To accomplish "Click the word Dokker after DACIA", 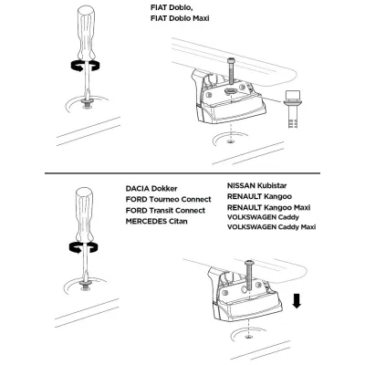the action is (164, 189).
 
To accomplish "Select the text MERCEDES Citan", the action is (156, 221).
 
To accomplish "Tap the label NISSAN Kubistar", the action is (256, 185).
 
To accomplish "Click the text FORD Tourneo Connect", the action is (168, 200).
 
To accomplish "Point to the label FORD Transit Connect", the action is (165, 211).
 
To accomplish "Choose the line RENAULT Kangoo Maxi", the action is (268, 207).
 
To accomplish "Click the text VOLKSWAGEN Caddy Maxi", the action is (271, 227).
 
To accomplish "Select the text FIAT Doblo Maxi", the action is (180, 18).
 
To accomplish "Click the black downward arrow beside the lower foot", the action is (297, 301).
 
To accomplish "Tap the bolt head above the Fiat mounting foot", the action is (230, 62).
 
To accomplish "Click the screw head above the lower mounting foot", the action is (250, 263).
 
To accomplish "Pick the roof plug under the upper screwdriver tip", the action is (88, 104).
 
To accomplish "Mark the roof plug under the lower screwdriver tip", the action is (86, 286).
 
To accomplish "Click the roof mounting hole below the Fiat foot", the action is (231, 141).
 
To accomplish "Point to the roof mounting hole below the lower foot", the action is (249, 337).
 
